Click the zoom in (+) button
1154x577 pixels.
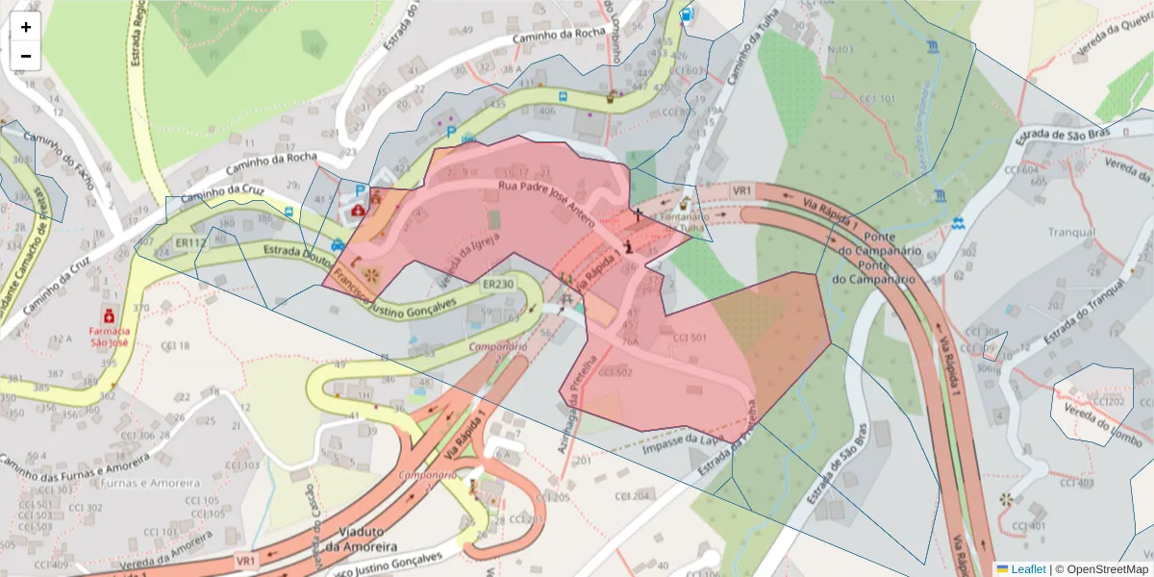(26, 27)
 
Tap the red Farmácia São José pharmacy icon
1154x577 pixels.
(110, 314)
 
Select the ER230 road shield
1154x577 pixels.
(497, 285)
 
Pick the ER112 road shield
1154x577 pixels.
(190, 243)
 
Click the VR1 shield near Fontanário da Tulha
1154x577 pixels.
(740, 191)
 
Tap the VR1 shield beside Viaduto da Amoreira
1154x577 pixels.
(246, 560)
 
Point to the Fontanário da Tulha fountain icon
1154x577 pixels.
(685, 204)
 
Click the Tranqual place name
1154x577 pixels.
(1071, 233)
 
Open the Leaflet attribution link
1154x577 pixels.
(1027, 568)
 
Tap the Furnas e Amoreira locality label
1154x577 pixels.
(113, 483)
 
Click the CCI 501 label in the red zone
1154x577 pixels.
(690, 338)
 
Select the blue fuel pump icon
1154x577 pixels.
(686, 14)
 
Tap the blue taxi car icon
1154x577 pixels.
(338, 244)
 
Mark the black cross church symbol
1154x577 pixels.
(636, 213)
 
